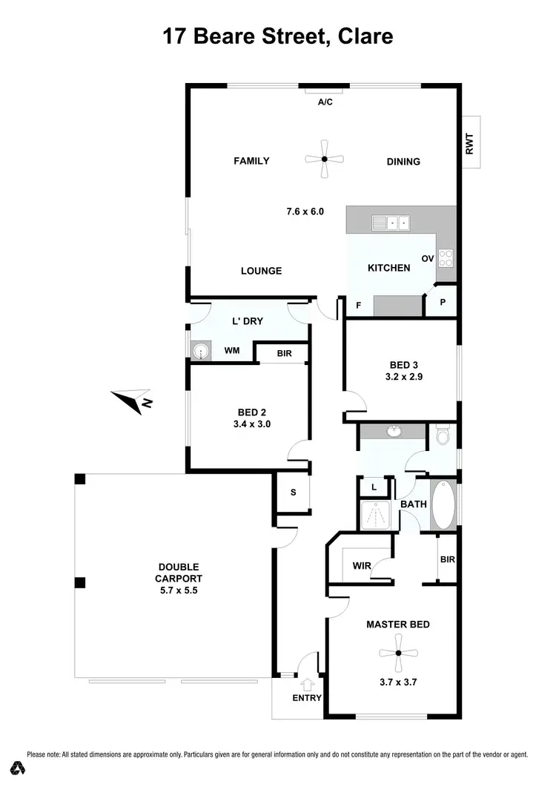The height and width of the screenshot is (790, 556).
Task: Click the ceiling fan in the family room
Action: pyautogui.click(x=324, y=159)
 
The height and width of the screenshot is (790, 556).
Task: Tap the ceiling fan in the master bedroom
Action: pyautogui.click(x=398, y=653)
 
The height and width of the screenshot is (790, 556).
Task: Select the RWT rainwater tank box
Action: pyautogui.click(x=469, y=142)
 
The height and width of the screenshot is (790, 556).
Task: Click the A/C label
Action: pyautogui.click(x=325, y=102)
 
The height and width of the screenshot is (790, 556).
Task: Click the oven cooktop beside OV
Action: pyautogui.click(x=447, y=257)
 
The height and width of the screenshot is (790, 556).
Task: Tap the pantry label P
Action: pyautogui.click(x=443, y=303)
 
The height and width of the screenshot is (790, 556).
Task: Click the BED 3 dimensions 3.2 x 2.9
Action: pyautogui.click(x=405, y=377)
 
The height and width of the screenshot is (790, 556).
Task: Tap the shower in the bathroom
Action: pyautogui.click(x=377, y=514)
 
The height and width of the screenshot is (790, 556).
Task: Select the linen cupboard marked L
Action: pyautogui.click(x=374, y=487)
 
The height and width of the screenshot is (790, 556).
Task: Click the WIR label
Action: pyautogui.click(x=362, y=566)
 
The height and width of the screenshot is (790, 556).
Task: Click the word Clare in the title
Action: pyautogui.click(x=363, y=36)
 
